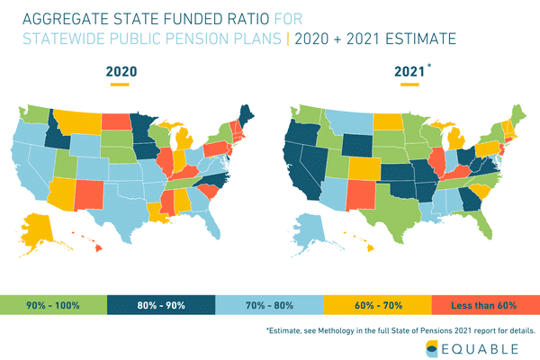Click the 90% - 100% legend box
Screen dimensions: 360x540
tap(54, 305)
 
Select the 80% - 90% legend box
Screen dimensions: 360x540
tap(162, 305)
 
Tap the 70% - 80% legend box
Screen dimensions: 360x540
tap(270, 305)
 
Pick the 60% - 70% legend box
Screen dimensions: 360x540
tap(378, 305)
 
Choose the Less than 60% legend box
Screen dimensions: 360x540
tap(486, 305)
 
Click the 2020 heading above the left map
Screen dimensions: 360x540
tap(121, 71)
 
